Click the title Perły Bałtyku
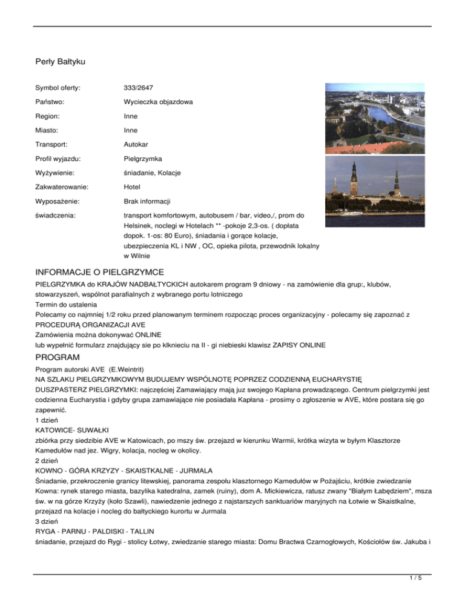[59, 61]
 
